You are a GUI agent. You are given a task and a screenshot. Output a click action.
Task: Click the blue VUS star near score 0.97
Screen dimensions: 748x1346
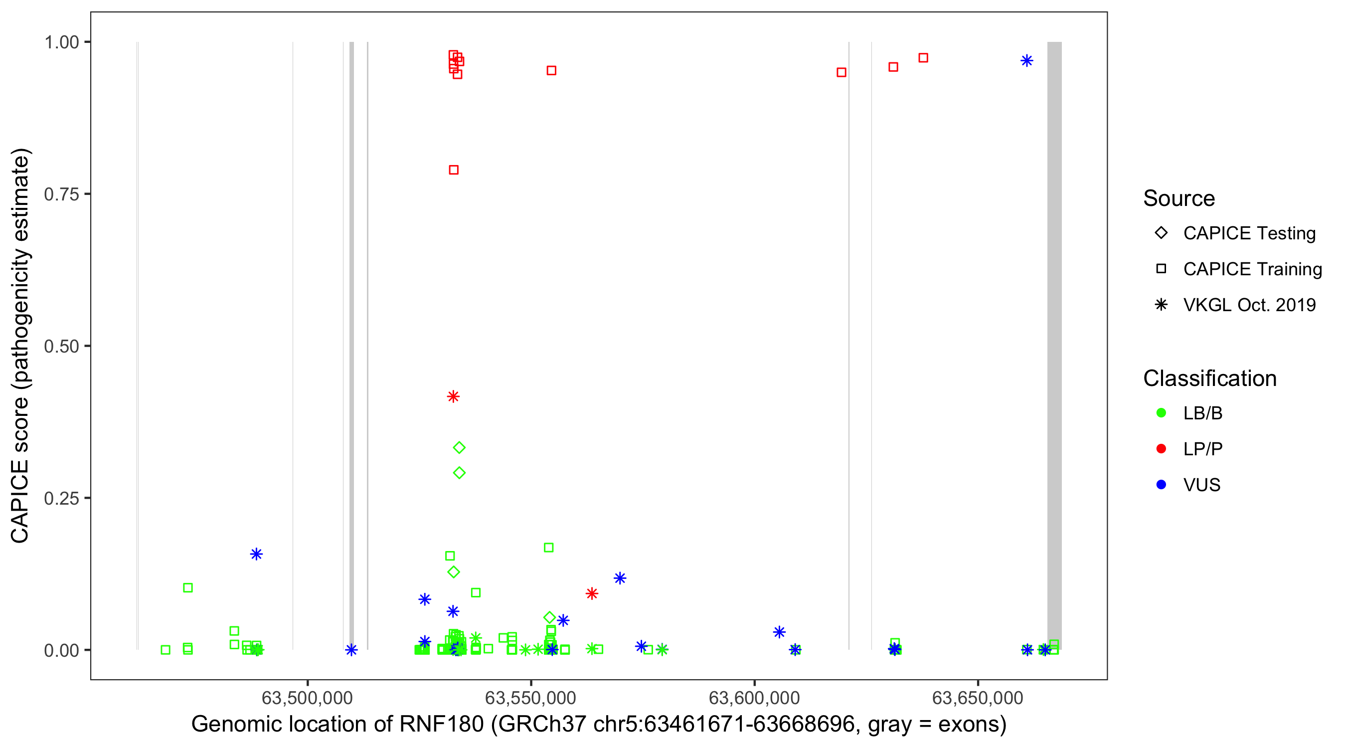pos(1026,61)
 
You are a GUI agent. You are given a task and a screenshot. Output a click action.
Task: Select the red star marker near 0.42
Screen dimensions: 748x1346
pos(453,396)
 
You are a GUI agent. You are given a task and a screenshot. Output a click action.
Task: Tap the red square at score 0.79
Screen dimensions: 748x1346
pos(454,170)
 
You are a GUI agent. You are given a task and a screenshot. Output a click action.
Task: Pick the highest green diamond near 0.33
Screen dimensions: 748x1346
pos(459,447)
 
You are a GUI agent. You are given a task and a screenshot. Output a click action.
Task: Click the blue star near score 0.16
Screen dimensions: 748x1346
pos(256,554)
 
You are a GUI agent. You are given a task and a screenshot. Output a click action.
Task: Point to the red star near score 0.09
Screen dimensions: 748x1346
pos(591,593)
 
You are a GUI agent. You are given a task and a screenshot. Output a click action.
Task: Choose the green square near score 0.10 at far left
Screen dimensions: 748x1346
pos(187,588)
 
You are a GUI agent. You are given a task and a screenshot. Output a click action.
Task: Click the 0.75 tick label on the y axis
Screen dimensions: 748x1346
pos(61,194)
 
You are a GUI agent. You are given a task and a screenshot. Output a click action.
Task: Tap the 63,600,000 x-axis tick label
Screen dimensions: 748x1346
pos(754,698)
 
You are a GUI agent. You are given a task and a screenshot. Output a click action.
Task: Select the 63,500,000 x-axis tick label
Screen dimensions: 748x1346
pos(307,698)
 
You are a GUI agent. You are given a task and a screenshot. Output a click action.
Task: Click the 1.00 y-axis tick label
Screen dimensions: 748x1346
pos(61,42)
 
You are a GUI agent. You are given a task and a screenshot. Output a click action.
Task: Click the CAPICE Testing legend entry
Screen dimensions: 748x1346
pos(1249,233)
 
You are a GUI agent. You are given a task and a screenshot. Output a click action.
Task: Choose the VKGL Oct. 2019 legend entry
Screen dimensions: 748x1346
pos(1249,305)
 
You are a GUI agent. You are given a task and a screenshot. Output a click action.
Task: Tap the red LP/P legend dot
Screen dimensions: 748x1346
pos(1161,449)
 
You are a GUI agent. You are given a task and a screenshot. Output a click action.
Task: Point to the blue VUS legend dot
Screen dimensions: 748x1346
pos(1161,485)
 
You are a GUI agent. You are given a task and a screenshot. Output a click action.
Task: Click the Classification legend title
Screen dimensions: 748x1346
pos(1209,378)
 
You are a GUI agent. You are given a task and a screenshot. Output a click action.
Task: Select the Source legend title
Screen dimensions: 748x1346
pos(1179,198)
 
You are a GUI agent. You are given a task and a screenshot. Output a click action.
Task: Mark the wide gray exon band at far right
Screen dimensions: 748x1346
pos(1054,345)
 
